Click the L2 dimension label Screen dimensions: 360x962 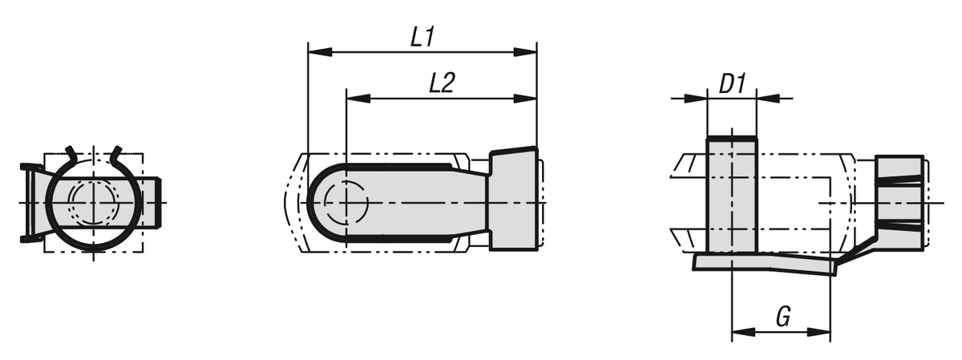tap(442, 83)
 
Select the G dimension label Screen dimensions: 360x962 tap(783, 317)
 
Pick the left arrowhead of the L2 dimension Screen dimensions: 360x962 tap(357, 99)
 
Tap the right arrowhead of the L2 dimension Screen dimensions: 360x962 tap(526, 99)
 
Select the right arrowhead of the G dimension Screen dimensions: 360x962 tap(820, 330)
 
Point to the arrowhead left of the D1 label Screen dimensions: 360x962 tap(696, 99)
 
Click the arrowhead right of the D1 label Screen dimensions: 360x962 tap(767, 99)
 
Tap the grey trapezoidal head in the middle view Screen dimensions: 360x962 tap(513, 199)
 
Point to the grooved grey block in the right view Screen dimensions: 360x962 tap(899, 202)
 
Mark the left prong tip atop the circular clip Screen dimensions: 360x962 tap(70, 150)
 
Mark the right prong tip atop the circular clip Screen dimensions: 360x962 tap(118, 150)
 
